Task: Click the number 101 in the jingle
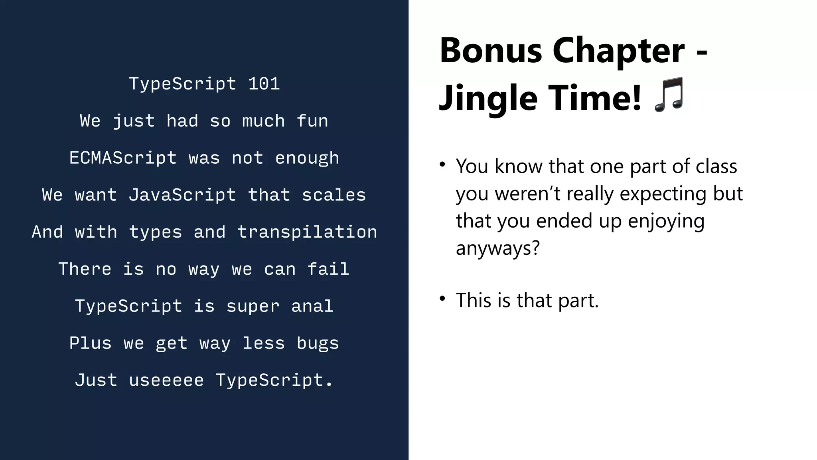point(264,84)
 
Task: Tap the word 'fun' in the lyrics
point(312,121)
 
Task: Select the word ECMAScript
point(123,158)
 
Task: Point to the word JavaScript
point(182,195)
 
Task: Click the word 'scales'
point(334,195)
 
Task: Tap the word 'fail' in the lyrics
point(328,269)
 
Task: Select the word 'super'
point(253,306)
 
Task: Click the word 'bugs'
point(318,343)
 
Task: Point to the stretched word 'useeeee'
point(166,380)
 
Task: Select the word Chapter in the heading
point(618,51)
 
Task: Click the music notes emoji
point(669,95)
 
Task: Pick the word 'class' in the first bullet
point(716,166)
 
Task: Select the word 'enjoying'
point(666,221)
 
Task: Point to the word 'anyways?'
point(498,248)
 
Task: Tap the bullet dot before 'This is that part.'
point(442,299)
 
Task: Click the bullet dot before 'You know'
point(442,165)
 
